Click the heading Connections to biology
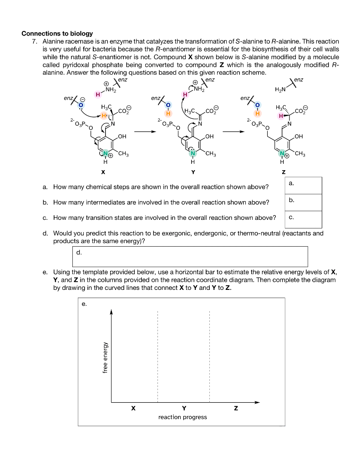click(57, 33)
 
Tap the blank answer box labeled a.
click(303, 185)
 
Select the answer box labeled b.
click(303, 203)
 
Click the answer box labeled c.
click(303, 219)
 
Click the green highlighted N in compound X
click(105, 152)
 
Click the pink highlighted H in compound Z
click(281, 116)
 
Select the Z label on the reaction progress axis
click(235, 408)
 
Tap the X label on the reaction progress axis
click(133, 408)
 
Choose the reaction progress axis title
click(183, 417)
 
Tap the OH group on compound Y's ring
click(209, 136)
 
